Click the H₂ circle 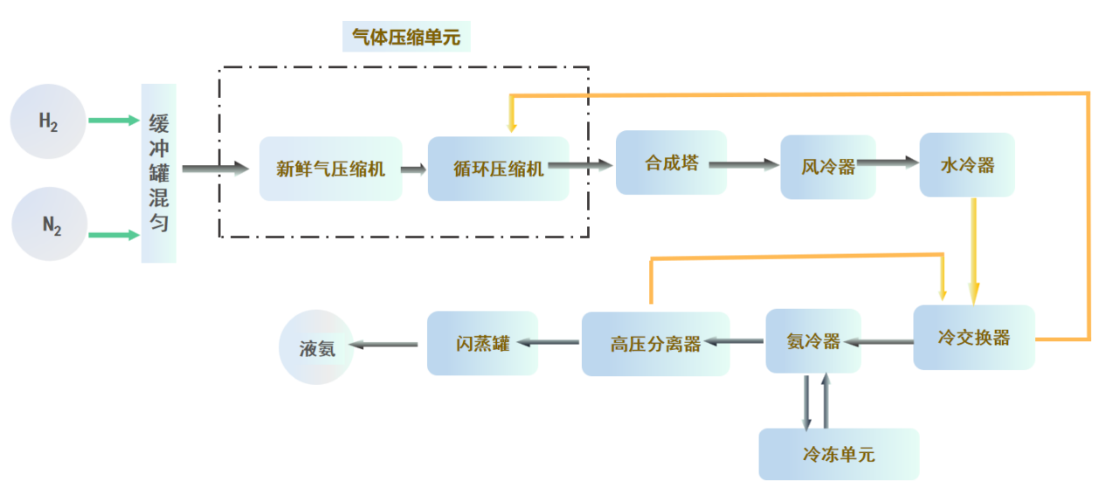pos(47,121)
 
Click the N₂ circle pos(51,224)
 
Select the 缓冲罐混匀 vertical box pos(159,173)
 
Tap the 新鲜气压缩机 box pos(330,168)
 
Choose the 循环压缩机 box pos(498,168)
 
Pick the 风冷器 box pos(827,167)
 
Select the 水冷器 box pos(966,165)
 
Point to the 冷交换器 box pos(973,337)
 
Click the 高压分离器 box pos(655,344)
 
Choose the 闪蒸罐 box pos(482,343)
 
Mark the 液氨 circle pos(316,347)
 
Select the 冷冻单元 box pos(838,454)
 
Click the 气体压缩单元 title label pos(405,37)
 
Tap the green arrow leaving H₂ pos(114,120)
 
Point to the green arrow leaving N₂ pos(114,234)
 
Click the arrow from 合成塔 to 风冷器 pos(743,163)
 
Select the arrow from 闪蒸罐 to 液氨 pos(384,345)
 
